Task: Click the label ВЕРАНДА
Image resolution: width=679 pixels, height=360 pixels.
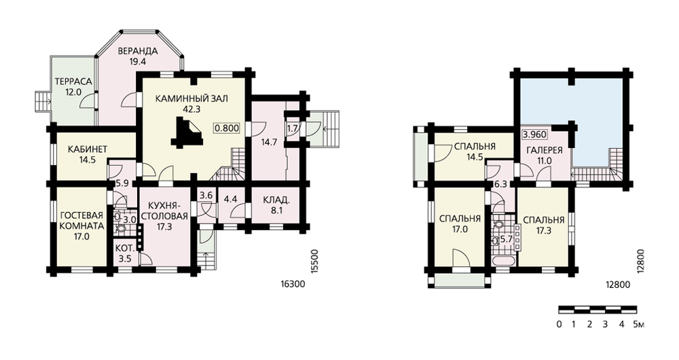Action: [x=137, y=51]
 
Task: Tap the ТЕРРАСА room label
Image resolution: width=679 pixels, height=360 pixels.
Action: [x=73, y=82]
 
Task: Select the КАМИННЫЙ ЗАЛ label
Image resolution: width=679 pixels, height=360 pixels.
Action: [x=191, y=98]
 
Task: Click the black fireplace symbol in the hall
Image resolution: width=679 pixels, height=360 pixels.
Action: [x=187, y=134]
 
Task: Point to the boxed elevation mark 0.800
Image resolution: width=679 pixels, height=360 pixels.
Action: [x=227, y=128]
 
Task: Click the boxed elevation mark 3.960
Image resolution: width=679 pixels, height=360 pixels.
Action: [x=534, y=134]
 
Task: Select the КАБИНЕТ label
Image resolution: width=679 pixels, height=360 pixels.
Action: [x=88, y=149]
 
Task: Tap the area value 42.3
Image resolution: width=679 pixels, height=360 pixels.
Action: [x=191, y=109]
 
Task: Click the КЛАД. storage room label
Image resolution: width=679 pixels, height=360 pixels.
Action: [x=276, y=200]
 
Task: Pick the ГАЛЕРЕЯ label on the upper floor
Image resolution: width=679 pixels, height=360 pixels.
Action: [x=545, y=150]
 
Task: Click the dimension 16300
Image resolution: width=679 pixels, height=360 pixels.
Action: [x=293, y=285]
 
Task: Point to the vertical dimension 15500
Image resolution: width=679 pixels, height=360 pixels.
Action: [x=315, y=261]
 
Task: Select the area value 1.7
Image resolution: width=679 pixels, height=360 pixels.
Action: [x=293, y=128]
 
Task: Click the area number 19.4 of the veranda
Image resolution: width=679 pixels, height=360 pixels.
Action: [x=137, y=62]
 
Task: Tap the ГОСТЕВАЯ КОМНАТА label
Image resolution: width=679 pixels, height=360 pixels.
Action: [x=82, y=221]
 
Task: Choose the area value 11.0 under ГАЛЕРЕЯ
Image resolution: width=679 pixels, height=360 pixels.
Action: [x=545, y=161]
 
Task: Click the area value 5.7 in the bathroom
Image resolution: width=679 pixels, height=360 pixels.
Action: [x=507, y=238]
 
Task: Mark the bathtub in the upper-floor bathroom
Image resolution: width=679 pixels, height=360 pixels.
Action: [x=503, y=262]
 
